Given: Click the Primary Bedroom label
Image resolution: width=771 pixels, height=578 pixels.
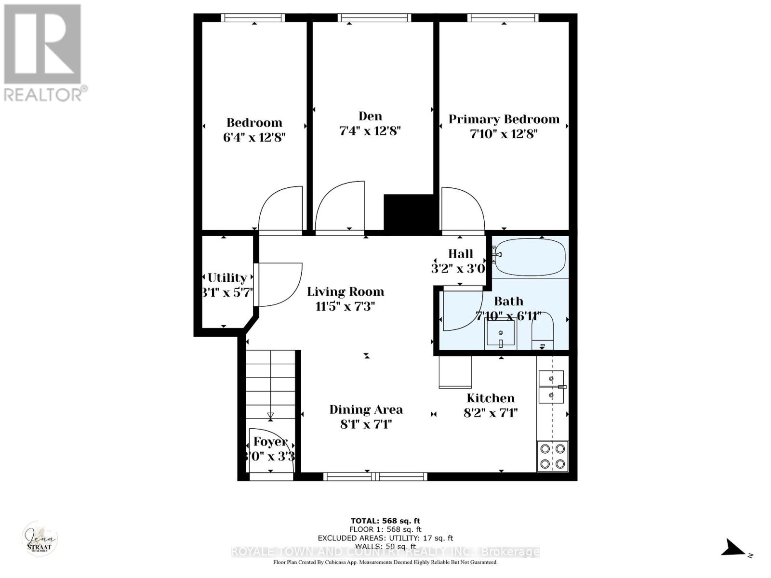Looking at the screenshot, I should [504, 119].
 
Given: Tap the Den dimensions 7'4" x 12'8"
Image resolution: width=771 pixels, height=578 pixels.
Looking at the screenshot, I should [370, 131].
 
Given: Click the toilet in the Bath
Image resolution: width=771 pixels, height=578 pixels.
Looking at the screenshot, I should [543, 332].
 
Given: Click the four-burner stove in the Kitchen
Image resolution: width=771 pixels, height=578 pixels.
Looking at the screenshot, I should [552, 456].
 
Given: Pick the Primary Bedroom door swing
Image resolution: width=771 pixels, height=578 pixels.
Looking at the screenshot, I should [462, 209].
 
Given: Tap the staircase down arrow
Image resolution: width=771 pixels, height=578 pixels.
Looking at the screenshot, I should [270, 415].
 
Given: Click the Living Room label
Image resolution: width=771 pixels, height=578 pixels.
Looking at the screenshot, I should [346, 291].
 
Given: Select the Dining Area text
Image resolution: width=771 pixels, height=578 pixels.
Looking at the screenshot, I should [366, 409].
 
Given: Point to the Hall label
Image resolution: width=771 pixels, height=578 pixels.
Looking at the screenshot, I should [460, 254].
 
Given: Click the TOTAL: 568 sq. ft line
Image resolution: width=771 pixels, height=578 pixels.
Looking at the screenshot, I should [385, 521].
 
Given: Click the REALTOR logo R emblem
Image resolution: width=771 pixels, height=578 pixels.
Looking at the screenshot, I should [42, 44].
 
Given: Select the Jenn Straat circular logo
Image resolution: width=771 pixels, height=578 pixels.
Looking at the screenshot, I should [40, 539].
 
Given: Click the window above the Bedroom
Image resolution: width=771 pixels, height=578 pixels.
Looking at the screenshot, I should [253, 18].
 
